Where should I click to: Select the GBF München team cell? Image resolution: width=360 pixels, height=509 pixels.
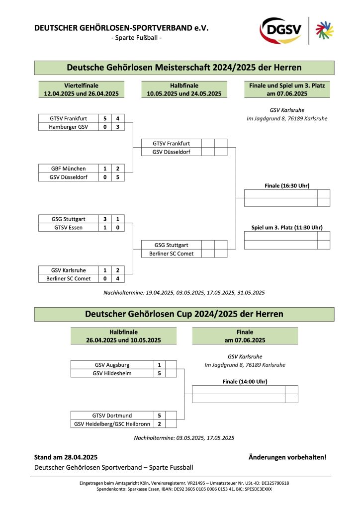[x=68, y=169]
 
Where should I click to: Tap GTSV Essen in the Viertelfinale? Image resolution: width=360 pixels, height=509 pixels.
[x=68, y=227]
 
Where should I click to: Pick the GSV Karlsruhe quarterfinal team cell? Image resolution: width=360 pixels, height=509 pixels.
[x=68, y=270]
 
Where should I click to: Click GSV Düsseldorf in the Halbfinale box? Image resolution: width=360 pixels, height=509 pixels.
[x=171, y=152]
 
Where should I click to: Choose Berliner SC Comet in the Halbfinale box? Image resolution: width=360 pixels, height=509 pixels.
[x=171, y=254]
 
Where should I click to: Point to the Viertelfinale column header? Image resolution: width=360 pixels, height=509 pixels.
[x=82, y=89]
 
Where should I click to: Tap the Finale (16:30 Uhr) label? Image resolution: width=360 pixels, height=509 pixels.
[x=287, y=185]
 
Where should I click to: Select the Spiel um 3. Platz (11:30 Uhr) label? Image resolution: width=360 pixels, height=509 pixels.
[x=287, y=227]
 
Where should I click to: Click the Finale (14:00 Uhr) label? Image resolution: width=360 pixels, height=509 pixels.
[x=245, y=381]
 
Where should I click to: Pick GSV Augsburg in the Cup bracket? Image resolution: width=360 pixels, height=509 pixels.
[x=111, y=364]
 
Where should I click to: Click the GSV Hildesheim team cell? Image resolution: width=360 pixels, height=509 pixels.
[x=111, y=373]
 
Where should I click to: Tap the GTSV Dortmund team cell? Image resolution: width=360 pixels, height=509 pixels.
[x=111, y=415]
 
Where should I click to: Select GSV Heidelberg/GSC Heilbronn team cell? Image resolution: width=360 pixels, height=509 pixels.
[x=111, y=424]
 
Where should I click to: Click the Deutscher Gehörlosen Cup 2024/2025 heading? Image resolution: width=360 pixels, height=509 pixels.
[x=184, y=314]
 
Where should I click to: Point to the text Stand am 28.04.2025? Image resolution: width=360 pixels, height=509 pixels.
[x=66, y=457]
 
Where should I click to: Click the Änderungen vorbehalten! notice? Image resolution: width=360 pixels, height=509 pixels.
[x=287, y=457]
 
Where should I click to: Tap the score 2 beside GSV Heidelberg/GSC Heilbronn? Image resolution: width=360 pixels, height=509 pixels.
[x=159, y=424]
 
